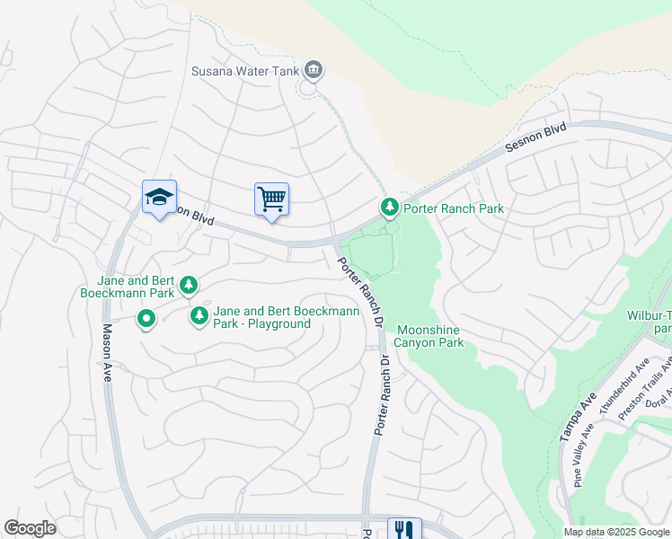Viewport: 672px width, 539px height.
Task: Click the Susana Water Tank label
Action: (x=244, y=71)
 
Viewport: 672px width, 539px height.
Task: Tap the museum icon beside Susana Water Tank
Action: (x=313, y=69)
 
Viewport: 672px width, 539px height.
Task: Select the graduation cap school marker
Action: (x=159, y=199)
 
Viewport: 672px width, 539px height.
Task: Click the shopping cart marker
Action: (x=271, y=199)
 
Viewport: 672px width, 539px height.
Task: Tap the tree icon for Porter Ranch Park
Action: (x=389, y=208)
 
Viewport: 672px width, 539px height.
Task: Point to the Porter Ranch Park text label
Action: (x=453, y=208)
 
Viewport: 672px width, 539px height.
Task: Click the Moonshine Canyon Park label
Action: (x=429, y=336)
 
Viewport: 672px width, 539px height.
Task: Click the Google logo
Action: (x=30, y=528)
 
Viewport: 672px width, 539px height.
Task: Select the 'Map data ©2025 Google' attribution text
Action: (x=615, y=532)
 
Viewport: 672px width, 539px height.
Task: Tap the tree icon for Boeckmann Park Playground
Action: (x=199, y=315)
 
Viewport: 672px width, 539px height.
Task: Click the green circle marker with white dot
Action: (x=146, y=318)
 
